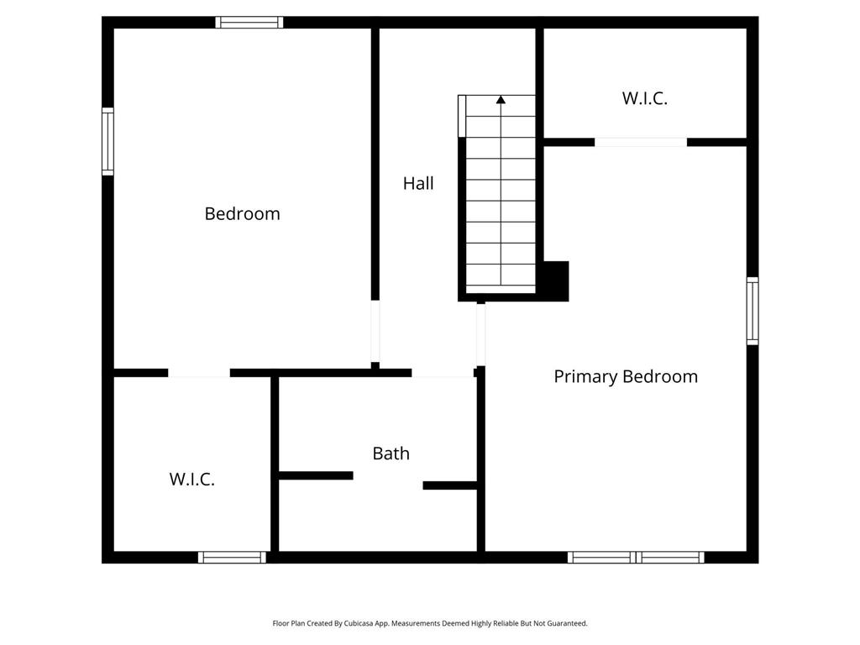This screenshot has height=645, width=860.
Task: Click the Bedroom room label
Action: (x=242, y=213)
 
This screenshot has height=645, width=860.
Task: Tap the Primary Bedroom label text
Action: (x=626, y=376)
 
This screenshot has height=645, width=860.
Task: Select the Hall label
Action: (x=418, y=182)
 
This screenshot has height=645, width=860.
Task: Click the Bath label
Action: (x=391, y=453)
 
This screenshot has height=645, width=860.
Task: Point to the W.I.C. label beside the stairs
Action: (x=644, y=98)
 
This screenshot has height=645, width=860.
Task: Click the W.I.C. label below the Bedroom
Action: (x=191, y=479)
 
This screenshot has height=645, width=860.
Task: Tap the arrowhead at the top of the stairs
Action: (x=501, y=99)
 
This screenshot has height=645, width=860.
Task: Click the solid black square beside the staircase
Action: (x=556, y=281)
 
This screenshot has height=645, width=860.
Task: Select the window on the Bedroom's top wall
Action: (x=249, y=23)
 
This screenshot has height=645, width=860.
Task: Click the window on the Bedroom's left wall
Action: (x=108, y=141)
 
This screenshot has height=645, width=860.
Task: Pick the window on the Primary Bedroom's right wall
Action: (x=752, y=311)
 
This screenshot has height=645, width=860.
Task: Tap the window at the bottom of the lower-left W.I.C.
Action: (x=232, y=558)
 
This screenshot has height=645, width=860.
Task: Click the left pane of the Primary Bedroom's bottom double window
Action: (x=601, y=558)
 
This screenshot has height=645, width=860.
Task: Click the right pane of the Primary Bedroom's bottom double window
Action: (x=670, y=558)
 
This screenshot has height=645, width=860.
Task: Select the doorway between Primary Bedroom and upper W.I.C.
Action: (x=641, y=143)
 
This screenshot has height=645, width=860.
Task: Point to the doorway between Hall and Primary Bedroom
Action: (x=480, y=334)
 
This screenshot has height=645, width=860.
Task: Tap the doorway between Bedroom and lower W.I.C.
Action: (x=199, y=373)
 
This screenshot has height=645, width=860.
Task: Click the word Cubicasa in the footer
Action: (x=359, y=623)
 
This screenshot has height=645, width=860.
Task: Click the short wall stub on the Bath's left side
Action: (x=316, y=475)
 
